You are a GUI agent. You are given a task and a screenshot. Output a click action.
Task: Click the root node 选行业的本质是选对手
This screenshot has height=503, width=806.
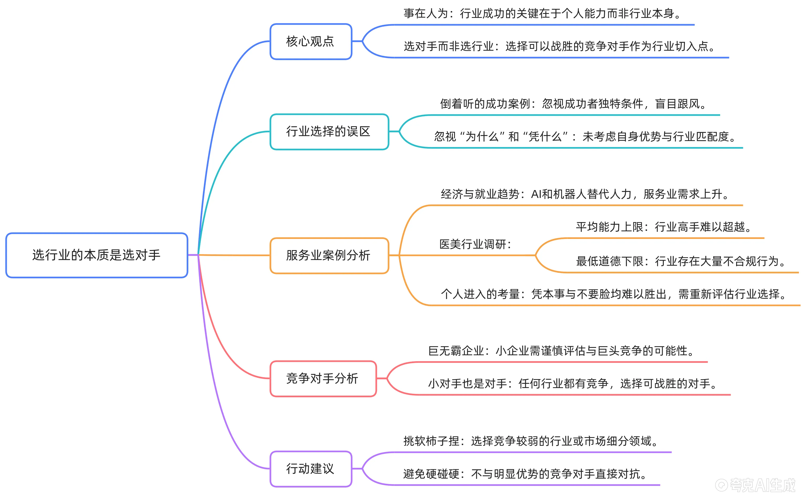pos(96,255)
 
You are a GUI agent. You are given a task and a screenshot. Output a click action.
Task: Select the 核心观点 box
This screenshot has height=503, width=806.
pos(310,41)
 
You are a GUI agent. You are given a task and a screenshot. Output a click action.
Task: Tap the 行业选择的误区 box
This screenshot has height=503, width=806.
pos(329,132)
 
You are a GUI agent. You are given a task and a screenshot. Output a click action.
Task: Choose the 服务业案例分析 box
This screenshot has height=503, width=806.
pos(329,255)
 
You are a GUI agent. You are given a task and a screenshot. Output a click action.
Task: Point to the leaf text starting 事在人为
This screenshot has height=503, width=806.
pos(542,14)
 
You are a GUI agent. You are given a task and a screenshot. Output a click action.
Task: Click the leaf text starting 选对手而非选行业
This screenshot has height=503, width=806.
pos(559,46)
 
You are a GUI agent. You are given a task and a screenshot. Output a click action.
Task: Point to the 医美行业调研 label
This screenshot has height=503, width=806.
pos(475,244)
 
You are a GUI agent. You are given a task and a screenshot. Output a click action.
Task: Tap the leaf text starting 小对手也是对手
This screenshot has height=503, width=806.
pos(572,384)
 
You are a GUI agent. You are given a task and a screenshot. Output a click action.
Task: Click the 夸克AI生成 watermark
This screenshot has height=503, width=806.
pos(755,485)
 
